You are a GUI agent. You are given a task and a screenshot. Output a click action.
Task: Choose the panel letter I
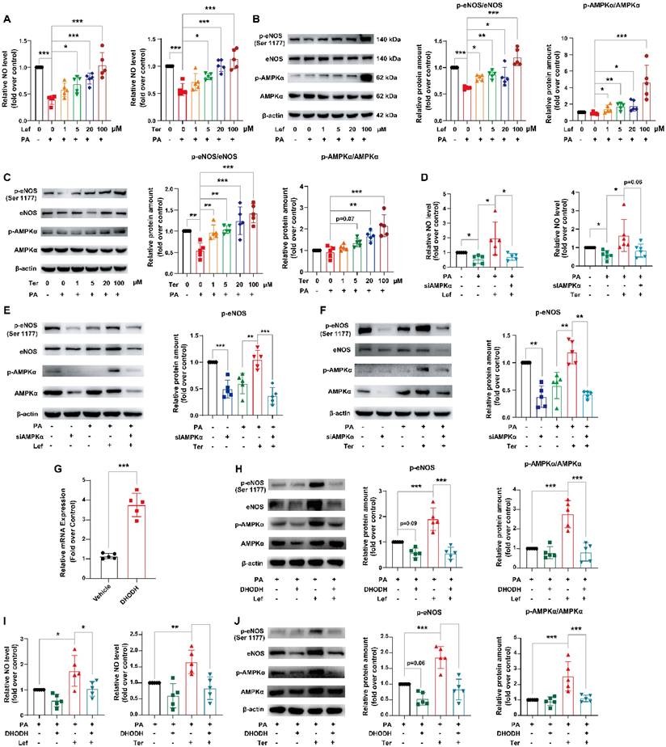(x=6, y=623)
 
